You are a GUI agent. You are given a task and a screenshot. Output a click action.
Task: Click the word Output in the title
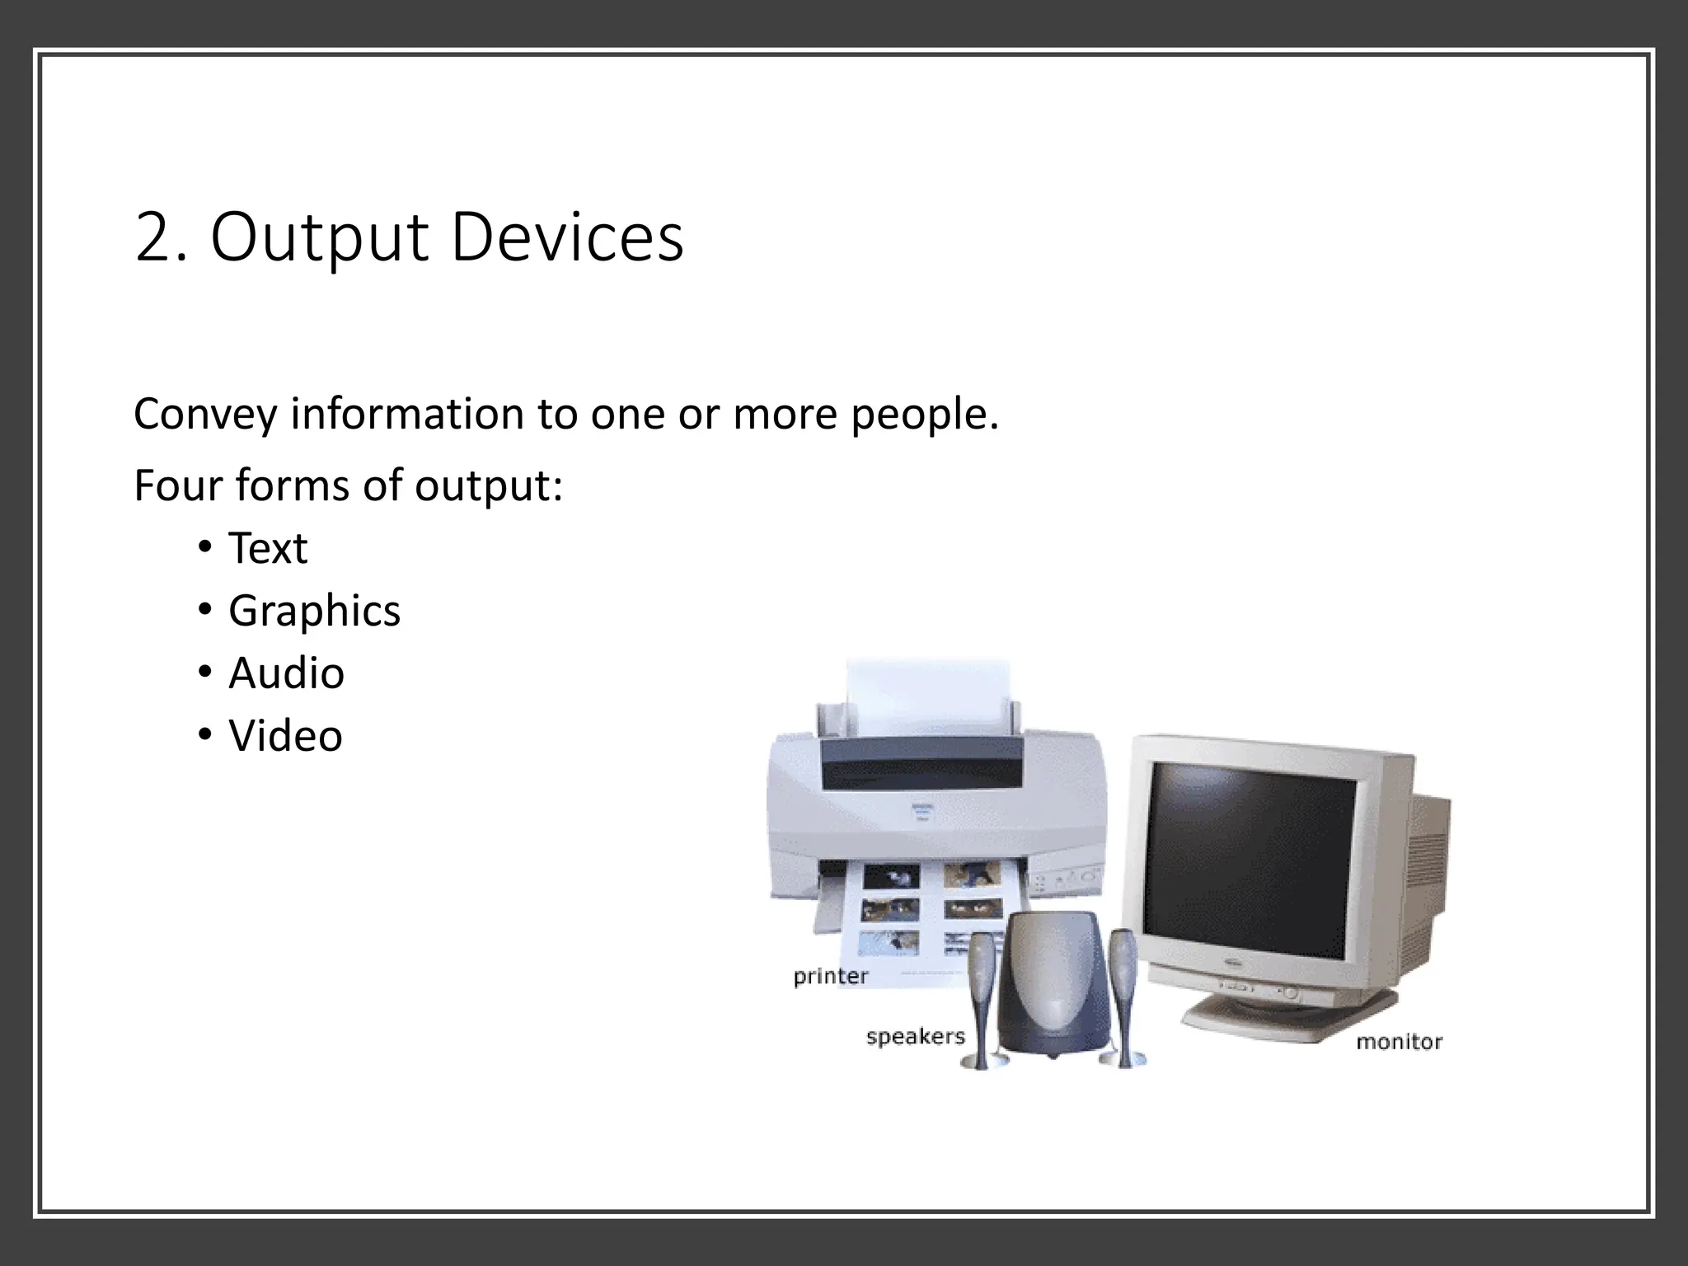(x=320, y=239)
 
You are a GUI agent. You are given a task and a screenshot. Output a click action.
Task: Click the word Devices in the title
(x=566, y=237)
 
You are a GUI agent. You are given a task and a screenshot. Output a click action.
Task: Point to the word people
(x=923, y=415)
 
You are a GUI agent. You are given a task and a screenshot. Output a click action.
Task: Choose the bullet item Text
(x=268, y=548)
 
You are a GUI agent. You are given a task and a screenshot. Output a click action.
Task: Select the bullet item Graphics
(x=314, y=612)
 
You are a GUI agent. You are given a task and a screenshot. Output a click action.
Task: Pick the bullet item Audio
(x=286, y=673)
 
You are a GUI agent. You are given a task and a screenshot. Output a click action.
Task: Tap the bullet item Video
(x=285, y=736)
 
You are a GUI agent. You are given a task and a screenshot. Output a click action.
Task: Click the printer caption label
(x=831, y=977)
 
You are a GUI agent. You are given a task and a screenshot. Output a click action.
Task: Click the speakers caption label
(x=915, y=1036)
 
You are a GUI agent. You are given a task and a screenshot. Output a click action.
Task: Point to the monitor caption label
(x=1399, y=1042)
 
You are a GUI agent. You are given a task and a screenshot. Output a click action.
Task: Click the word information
(x=406, y=415)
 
